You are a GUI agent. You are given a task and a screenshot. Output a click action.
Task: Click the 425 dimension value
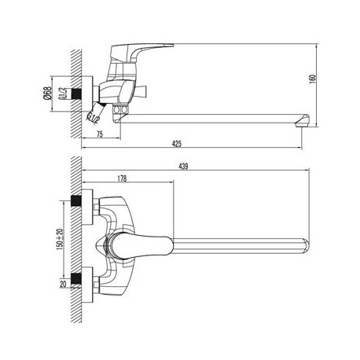(177, 144)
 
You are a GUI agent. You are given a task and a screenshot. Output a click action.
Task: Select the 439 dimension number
(183, 167)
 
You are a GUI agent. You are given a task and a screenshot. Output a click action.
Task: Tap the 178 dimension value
(122, 178)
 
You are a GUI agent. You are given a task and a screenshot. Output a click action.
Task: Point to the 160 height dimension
(313, 79)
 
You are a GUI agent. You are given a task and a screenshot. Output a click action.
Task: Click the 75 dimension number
(100, 134)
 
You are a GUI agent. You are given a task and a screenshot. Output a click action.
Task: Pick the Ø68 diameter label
(48, 94)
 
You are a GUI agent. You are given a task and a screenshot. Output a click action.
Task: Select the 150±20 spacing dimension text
(60, 238)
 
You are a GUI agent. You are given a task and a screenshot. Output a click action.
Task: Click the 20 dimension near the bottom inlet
(64, 284)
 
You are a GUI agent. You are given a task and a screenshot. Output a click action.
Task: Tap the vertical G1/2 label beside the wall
(61, 94)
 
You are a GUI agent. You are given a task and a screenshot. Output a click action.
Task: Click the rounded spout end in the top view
(306, 246)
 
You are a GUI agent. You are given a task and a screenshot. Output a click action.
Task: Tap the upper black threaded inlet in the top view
(76, 201)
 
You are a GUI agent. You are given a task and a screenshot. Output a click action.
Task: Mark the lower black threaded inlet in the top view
(76, 279)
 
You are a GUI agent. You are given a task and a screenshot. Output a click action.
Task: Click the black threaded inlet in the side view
(76, 94)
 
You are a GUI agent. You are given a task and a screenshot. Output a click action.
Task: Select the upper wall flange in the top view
(87, 207)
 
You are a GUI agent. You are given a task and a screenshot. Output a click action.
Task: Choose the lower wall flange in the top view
(87, 285)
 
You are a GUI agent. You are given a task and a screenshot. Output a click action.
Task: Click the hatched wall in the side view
(76, 94)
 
